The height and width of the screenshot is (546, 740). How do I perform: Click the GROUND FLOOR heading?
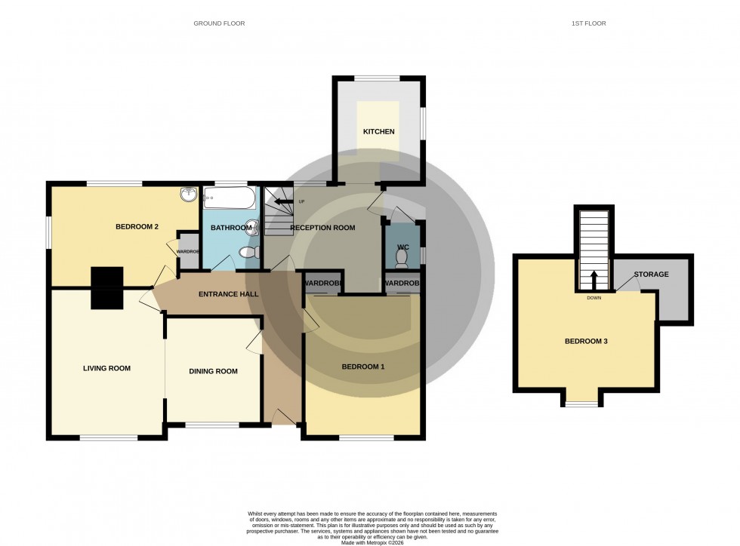point(219,23)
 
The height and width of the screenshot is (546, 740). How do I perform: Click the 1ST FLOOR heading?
point(588,23)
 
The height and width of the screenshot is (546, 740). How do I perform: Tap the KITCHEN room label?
point(378,132)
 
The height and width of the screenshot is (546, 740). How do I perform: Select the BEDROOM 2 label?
point(137,227)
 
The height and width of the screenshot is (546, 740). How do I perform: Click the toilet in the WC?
point(401,259)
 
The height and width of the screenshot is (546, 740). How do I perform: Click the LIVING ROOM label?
point(106,369)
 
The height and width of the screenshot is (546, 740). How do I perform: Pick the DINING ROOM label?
point(213,371)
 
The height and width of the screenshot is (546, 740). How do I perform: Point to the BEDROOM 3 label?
point(586,342)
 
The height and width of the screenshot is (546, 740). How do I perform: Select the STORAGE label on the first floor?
point(651,275)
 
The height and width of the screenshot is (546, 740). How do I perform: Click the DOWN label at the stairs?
point(593,297)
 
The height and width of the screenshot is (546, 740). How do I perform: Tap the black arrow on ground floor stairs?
point(284,201)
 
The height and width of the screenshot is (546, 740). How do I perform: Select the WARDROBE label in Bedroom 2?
point(188,251)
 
